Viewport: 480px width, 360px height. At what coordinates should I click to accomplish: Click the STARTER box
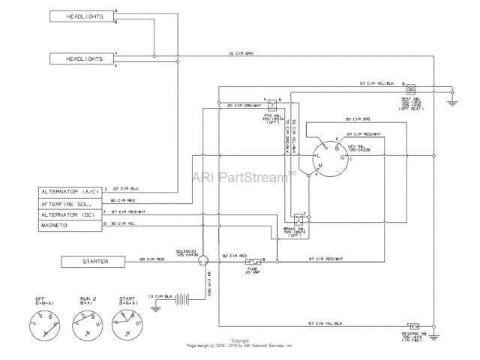pyautogui.click(x=89, y=261)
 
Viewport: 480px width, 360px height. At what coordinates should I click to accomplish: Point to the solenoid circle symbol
pyautogui.click(x=202, y=260)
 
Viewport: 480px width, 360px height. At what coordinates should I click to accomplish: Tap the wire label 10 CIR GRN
pyautogui.click(x=242, y=52)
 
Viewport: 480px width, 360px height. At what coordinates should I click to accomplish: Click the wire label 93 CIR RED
pyautogui.click(x=143, y=259)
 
